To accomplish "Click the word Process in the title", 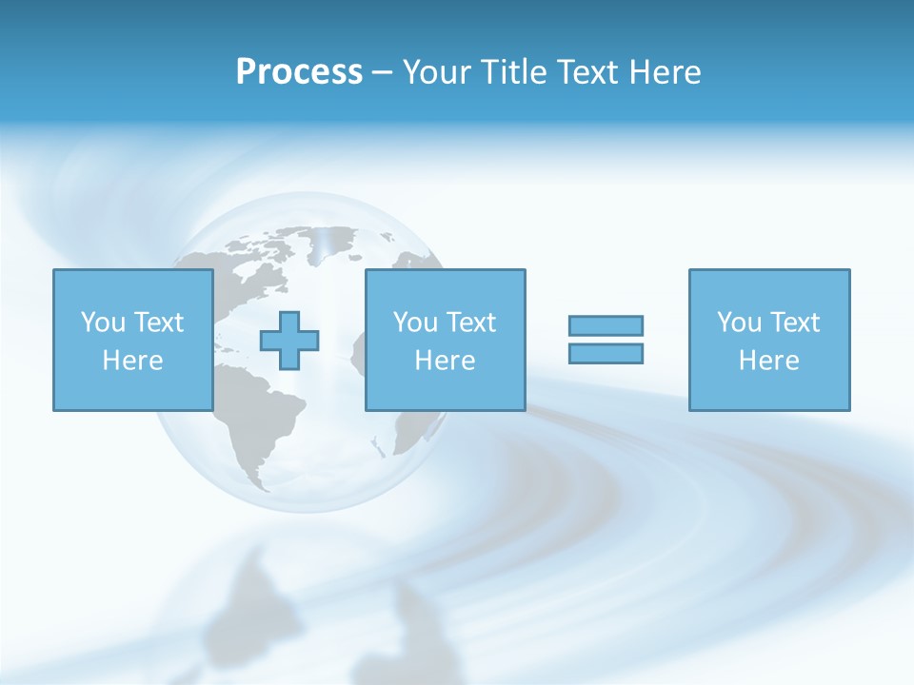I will [299, 72].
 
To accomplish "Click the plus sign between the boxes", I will [289, 341].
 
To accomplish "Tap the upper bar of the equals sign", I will [606, 325].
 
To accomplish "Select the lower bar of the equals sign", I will [606, 353].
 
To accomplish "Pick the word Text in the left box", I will [157, 323].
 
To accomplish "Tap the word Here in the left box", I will [132, 361].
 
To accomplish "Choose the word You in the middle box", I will [415, 323].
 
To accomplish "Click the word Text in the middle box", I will [469, 323].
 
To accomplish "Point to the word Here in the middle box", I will [445, 361].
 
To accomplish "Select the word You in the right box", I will [739, 323].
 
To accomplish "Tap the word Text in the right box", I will [793, 323].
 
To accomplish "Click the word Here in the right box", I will [768, 361].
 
